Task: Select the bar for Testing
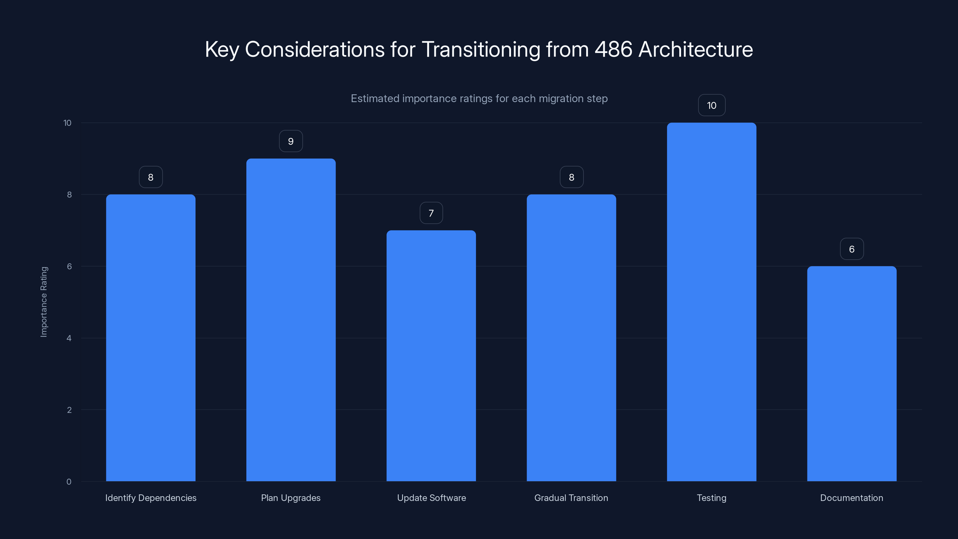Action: point(711,301)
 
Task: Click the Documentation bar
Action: point(852,373)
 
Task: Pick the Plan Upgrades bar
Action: point(291,320)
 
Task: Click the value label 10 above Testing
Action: point(711,106)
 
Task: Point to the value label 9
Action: point(291,141)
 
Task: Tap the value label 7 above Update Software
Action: point(431,213)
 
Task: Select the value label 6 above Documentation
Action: point(852,249)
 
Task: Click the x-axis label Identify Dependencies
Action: point(151,498)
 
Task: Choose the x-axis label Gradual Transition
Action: point(571,498)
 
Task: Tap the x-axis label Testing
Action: point(711,498)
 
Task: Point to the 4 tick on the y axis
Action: point(69,338)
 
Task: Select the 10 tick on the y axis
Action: point(67,123)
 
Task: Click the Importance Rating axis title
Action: point(44,302)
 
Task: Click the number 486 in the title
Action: point(613,49)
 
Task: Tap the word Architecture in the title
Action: point(695,49)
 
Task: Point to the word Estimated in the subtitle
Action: point(375,99)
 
